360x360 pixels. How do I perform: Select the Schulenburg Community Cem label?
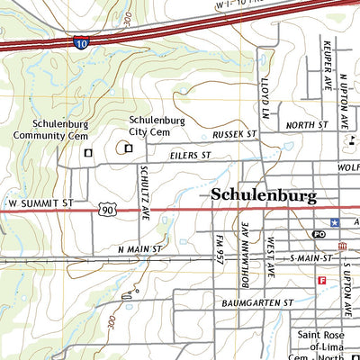point(51,130)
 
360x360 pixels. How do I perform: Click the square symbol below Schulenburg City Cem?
point(128,148)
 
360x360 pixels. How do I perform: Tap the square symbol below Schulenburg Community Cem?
point(87,153)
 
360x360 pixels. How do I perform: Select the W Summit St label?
point(36,204)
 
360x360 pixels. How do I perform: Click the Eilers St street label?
point(190,156)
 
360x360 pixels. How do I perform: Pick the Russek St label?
point(235,134)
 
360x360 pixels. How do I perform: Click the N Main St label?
point(139,247)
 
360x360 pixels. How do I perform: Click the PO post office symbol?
point(319,234)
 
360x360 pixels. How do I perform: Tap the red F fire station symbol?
point(320,281)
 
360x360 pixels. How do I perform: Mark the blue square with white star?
point(335,221)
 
